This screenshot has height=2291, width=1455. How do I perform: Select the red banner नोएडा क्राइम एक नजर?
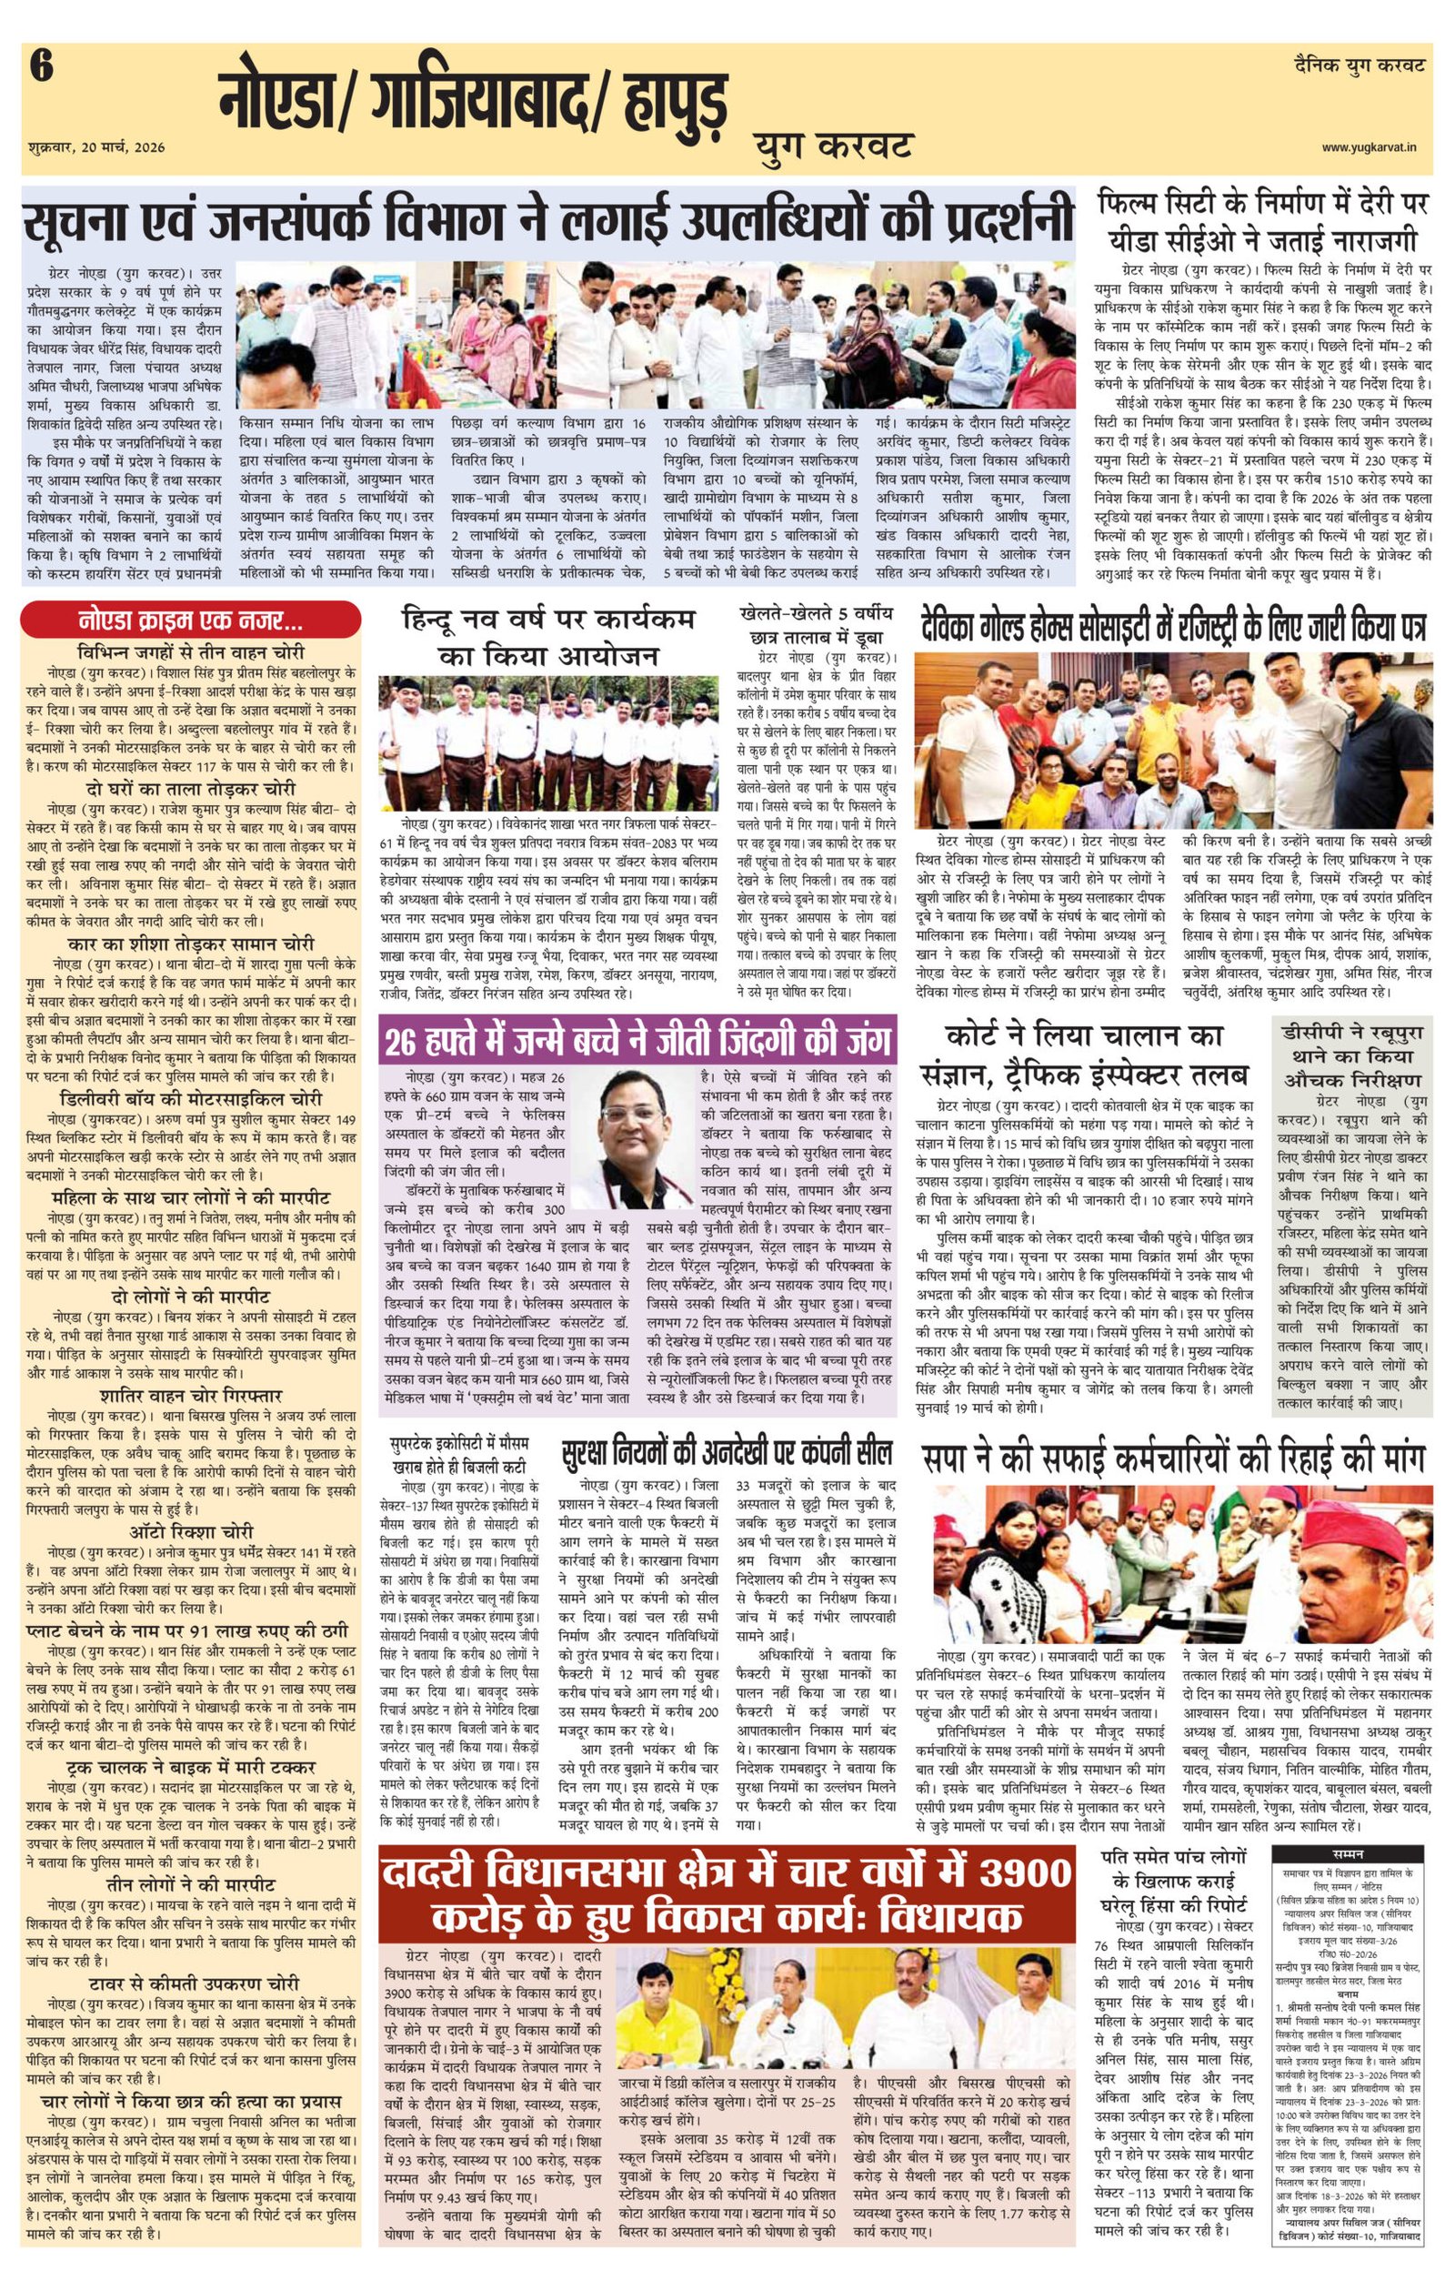(x=191, y=623)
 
